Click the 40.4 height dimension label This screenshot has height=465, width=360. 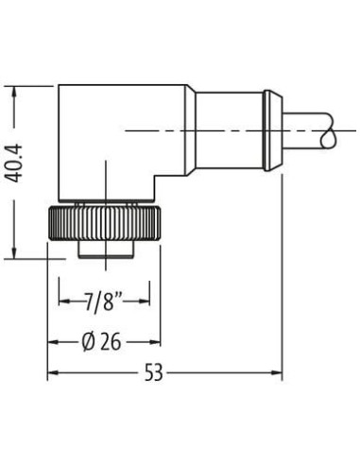tap(15, 164)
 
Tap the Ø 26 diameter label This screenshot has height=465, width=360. tap(101, 342)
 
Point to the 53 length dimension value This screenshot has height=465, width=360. tap(154, 372)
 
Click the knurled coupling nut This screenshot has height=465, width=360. tap(104, 223)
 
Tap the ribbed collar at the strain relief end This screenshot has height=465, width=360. tap(272, 130)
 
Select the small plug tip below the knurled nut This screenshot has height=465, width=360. tap(106, 250)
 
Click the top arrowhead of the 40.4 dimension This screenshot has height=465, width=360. tap(14, 92)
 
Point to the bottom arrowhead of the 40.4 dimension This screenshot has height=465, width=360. tap(14, 252)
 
